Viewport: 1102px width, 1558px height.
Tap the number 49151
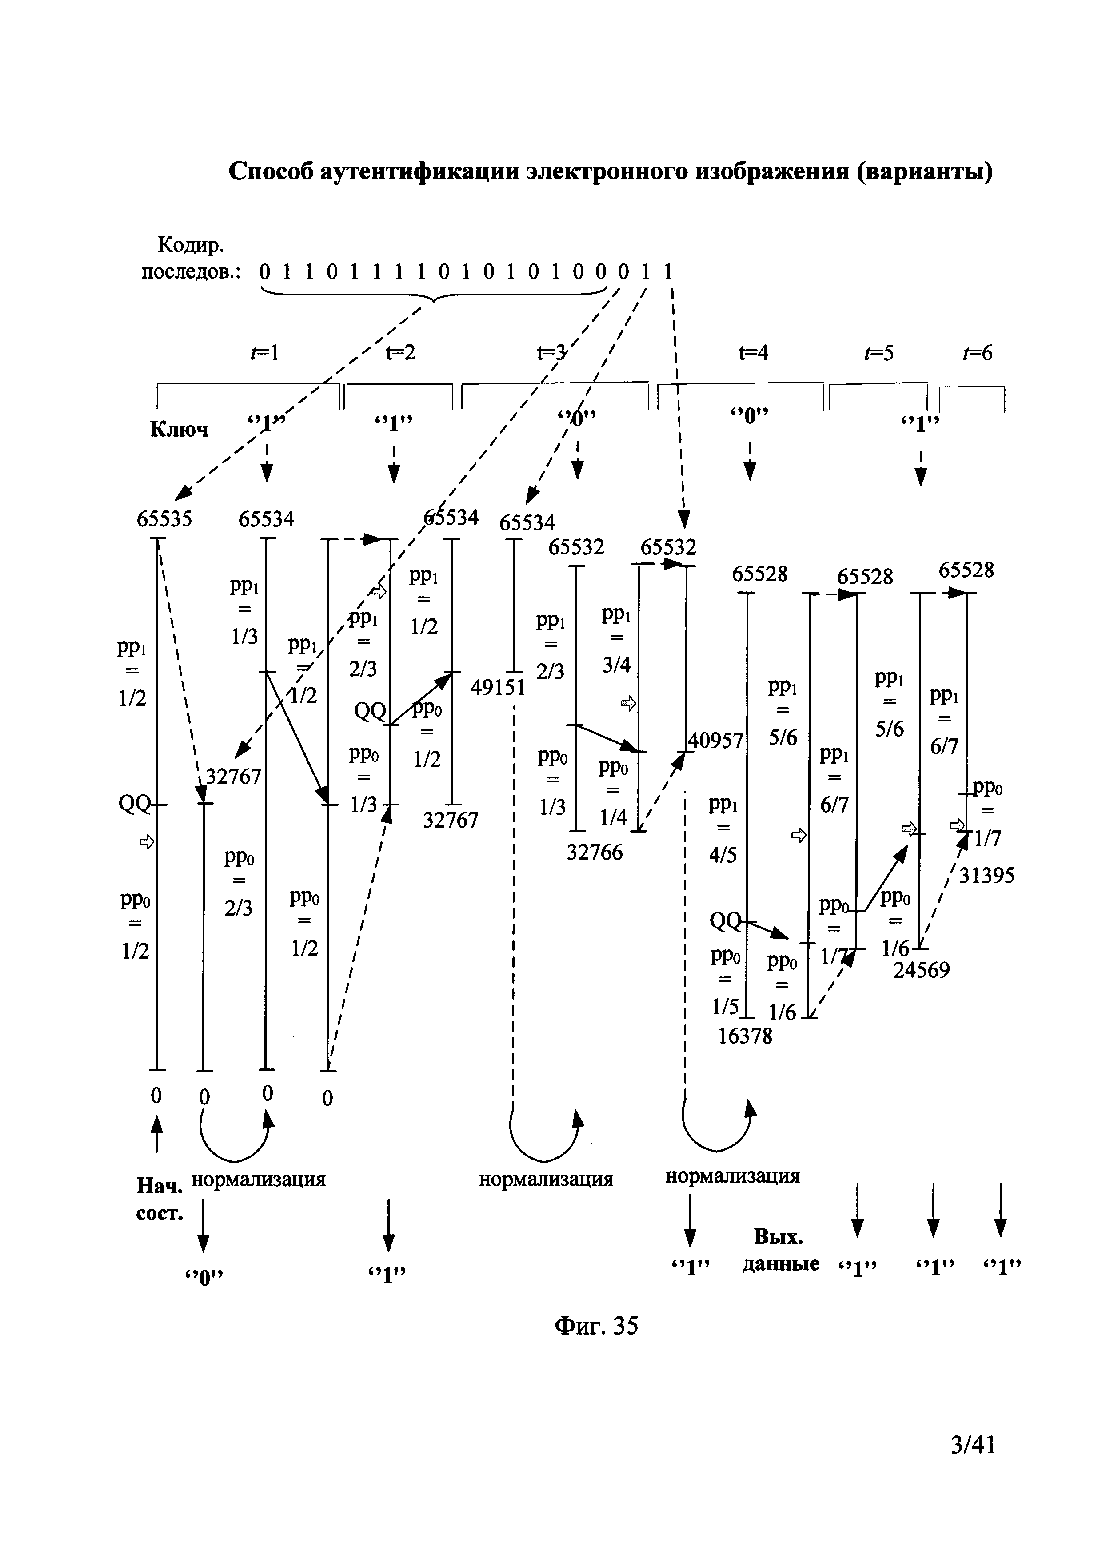tap(498, 688)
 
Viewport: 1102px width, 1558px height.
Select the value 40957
tap(717, 740)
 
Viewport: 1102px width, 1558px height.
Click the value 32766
tap(595, 852)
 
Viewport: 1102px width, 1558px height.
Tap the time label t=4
tap(753, 353)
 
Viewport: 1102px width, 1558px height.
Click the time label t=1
tap(265, 353)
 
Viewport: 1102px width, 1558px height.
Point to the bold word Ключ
tap(179, 430)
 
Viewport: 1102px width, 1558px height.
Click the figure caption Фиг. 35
tap(596, 1325)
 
